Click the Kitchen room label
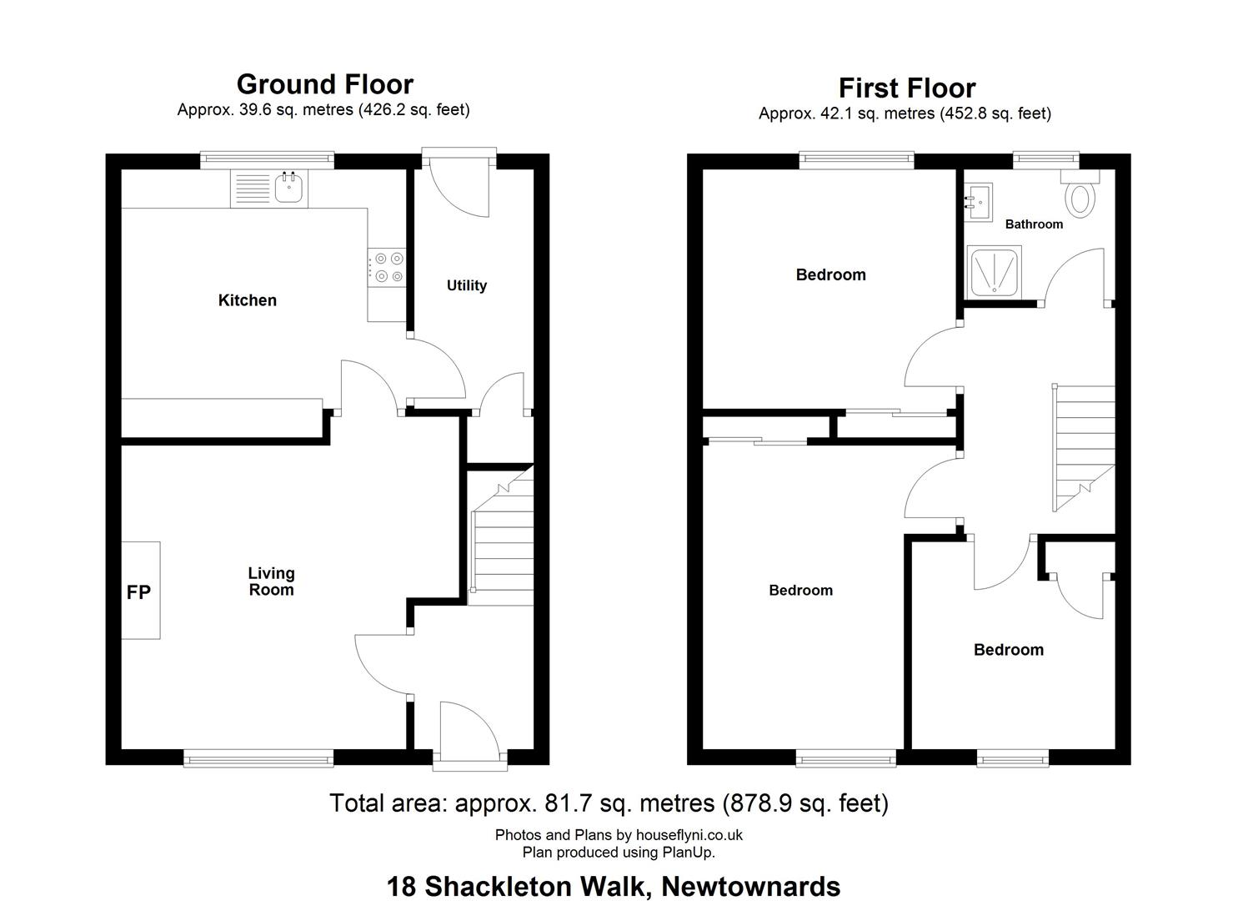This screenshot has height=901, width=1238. [x=247, y=300]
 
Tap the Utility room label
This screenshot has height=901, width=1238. [x=467, y=285]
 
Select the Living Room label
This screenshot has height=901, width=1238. [x=271, y=581]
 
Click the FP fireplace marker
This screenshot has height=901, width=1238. [x=138, y=592]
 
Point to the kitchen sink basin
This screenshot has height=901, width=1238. [x=288, y=188]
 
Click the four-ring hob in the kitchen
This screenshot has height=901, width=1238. [x=387, y=267]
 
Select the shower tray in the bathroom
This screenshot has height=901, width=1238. [x=995, y=272]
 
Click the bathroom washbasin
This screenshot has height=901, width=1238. [x=978, y=202]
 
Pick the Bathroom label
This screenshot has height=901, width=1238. [x=1034, y=224]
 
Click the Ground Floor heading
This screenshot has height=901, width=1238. [x=325, y=84]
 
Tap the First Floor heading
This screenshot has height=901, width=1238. [x=907, y=88]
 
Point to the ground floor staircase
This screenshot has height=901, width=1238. [x=501, y=536]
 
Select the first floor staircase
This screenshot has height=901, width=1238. [x=1083, y=448]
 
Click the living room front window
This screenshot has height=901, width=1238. [x=258, y=758]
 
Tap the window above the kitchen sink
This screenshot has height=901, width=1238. [x=267, y=160]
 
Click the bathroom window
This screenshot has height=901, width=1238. [x=1045, y=160]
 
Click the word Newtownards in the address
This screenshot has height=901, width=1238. [x=751, y=887]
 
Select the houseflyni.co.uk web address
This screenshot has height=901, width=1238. [x=689, y=834]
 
